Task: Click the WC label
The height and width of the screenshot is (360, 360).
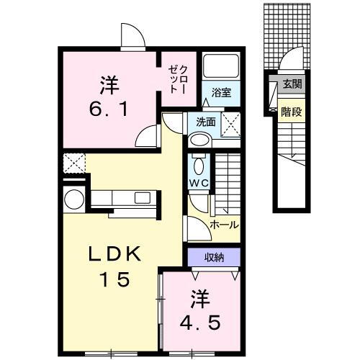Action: coord(198,184)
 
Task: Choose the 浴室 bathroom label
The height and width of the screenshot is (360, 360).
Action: coord(220,92)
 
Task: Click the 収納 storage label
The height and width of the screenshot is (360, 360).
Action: coord(213,256)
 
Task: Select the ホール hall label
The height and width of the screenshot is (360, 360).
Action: coord(224,224)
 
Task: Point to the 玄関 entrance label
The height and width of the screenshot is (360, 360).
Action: coord(292,84)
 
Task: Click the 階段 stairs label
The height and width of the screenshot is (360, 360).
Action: coord(292,112)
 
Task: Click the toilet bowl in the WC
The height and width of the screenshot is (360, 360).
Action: coord(198,162)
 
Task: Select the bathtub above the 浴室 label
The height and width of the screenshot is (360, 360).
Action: coord(221,67)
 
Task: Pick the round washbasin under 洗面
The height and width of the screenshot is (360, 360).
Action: coord(202,140)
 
